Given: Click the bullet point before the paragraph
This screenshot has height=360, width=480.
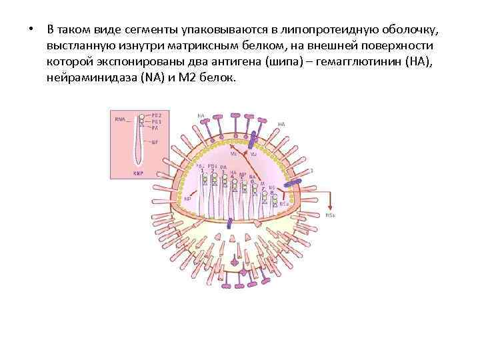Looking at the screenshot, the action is [31, 30].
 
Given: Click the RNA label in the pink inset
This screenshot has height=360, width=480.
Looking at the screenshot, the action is [120, 119].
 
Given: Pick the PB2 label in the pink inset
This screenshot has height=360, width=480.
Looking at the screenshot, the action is [157, 115].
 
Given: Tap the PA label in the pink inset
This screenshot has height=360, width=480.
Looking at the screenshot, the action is [155, 128].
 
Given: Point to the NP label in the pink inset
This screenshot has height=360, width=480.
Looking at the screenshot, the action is [155, 141].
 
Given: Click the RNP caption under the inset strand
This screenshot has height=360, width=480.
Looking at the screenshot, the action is [138, 173].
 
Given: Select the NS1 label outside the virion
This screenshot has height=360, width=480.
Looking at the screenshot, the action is [331, 215].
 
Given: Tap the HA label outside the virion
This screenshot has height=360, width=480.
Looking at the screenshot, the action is [282, 124].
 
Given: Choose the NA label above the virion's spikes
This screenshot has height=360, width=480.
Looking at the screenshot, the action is [201, 115].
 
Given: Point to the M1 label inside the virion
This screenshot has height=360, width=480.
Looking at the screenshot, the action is [233, 154].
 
